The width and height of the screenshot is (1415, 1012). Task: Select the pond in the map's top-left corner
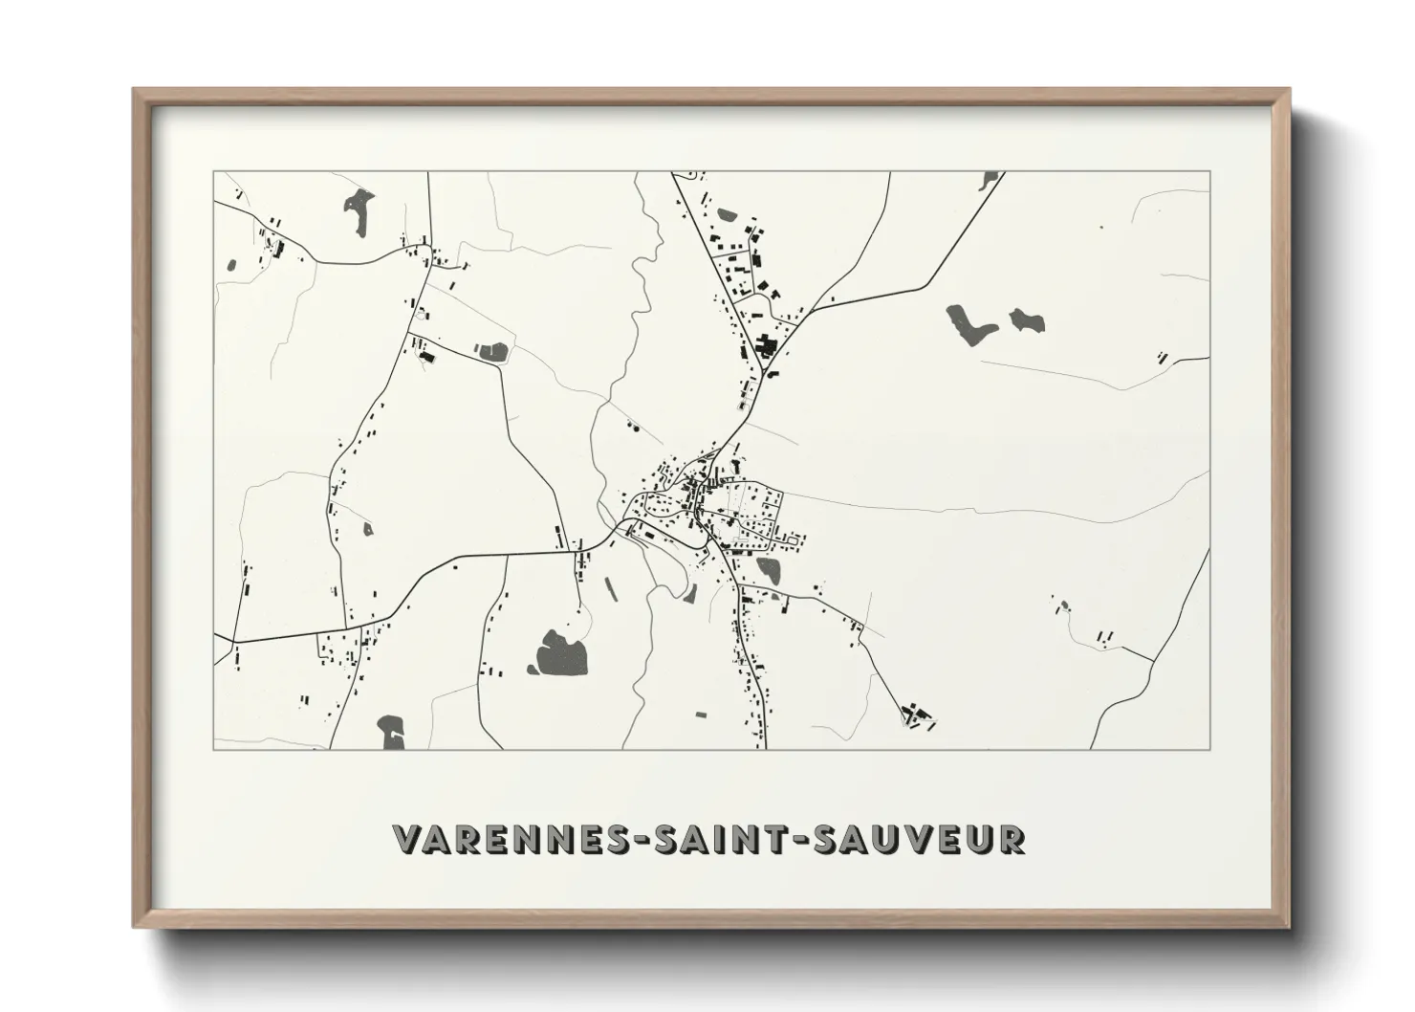[x=359, y=210]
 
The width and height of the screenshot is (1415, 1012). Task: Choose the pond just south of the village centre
[x=769, y=570]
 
